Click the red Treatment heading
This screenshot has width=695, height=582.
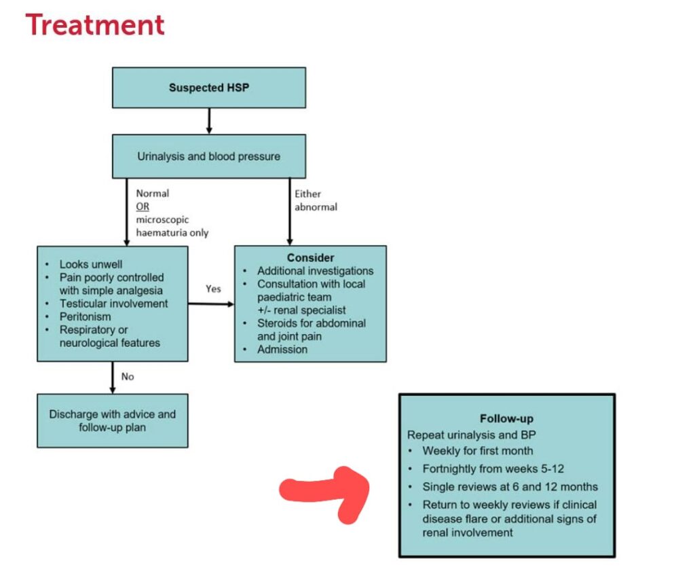pyautogui.click(x=95, y=25)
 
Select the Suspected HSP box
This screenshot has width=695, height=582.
pyautogui.click(x=208, y=88)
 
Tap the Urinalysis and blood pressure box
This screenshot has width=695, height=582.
pyautogui.click(x=208, y=156)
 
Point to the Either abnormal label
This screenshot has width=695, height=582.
pyautogui.click(x=316, y=200)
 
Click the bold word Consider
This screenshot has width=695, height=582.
pyautogui.click(x=310, y=258)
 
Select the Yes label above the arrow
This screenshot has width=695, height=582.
pyautogui.click(x=213, y=289)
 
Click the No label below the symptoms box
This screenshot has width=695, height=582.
pyautogui.click(x=128, y=376)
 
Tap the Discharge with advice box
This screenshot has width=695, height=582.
pyautogui.click(x=112, y=420)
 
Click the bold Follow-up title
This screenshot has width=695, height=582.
pyautogui.click(x=506, y=419)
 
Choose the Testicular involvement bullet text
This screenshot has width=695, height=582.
pyautogui.click(x=113, y=304)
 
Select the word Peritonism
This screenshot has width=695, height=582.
pyautogui.click(x=85, y=316)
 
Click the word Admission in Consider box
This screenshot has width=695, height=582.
pyautogui.click(x=282, y=349)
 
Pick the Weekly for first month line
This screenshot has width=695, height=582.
pyautogui.click(x=477, y=450)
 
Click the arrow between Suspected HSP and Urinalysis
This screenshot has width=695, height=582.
pyautogui.click(x=208, y=120)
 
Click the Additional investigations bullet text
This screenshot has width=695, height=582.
pyautogui.click(x=315, y=271)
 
